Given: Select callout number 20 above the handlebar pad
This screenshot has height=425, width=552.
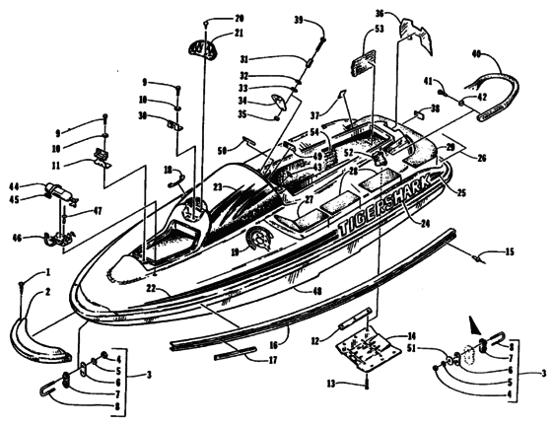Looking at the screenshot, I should (x=239, y=19).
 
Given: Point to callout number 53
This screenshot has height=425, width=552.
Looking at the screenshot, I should (x=379, y=30).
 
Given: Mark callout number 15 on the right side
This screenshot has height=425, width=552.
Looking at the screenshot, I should (x=510, y=253).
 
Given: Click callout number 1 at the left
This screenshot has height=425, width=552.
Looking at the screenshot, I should (x=46, y=271).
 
